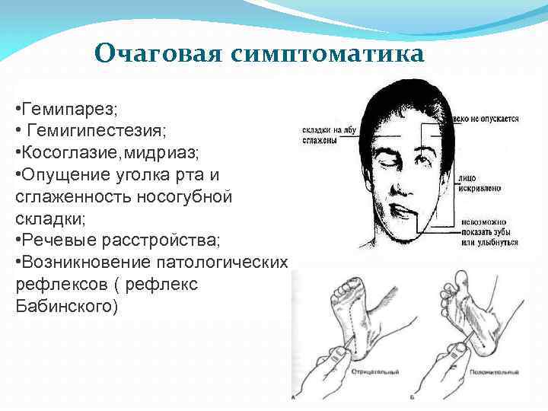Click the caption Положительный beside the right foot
pos(495,371)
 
